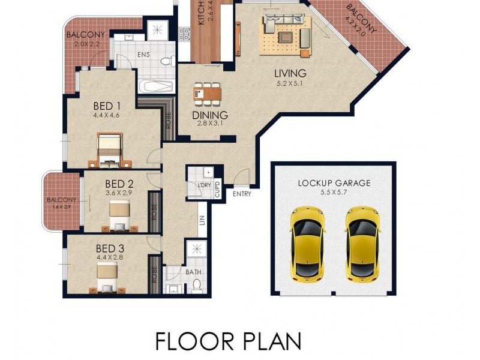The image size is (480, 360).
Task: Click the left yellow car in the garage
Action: click(x=307, y=243)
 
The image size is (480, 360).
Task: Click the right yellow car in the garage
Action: click(x=362, y=243)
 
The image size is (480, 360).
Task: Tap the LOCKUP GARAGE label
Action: click(x=334, y=183)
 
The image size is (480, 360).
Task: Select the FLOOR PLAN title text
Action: click(x=228, y=340)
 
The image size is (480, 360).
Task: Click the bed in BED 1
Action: click(x=110, y=149)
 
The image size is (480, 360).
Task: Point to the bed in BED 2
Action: click(x=120, y=215)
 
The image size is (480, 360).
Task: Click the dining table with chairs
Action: click(x=207, y=93)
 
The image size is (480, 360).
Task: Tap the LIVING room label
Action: click(x=290, y=73)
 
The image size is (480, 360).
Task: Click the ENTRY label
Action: click(x=242, y=194)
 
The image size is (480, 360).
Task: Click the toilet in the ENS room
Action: click(x=168, y=61)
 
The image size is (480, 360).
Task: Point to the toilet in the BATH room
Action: click(x=196, y=286)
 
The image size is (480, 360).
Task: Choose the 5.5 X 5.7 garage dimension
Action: click(x=334, y=193)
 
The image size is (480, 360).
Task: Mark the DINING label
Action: click(x=209, y=115)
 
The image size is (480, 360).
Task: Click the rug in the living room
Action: click(x=286, y=35)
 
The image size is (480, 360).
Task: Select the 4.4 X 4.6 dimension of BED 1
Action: click(x=106, y=115)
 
